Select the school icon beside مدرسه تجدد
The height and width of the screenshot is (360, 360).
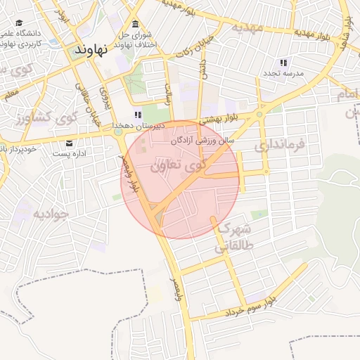click(283, 63)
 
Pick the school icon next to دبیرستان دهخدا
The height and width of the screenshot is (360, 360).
click(139, 115)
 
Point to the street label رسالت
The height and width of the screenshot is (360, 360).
click(169, 95)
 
